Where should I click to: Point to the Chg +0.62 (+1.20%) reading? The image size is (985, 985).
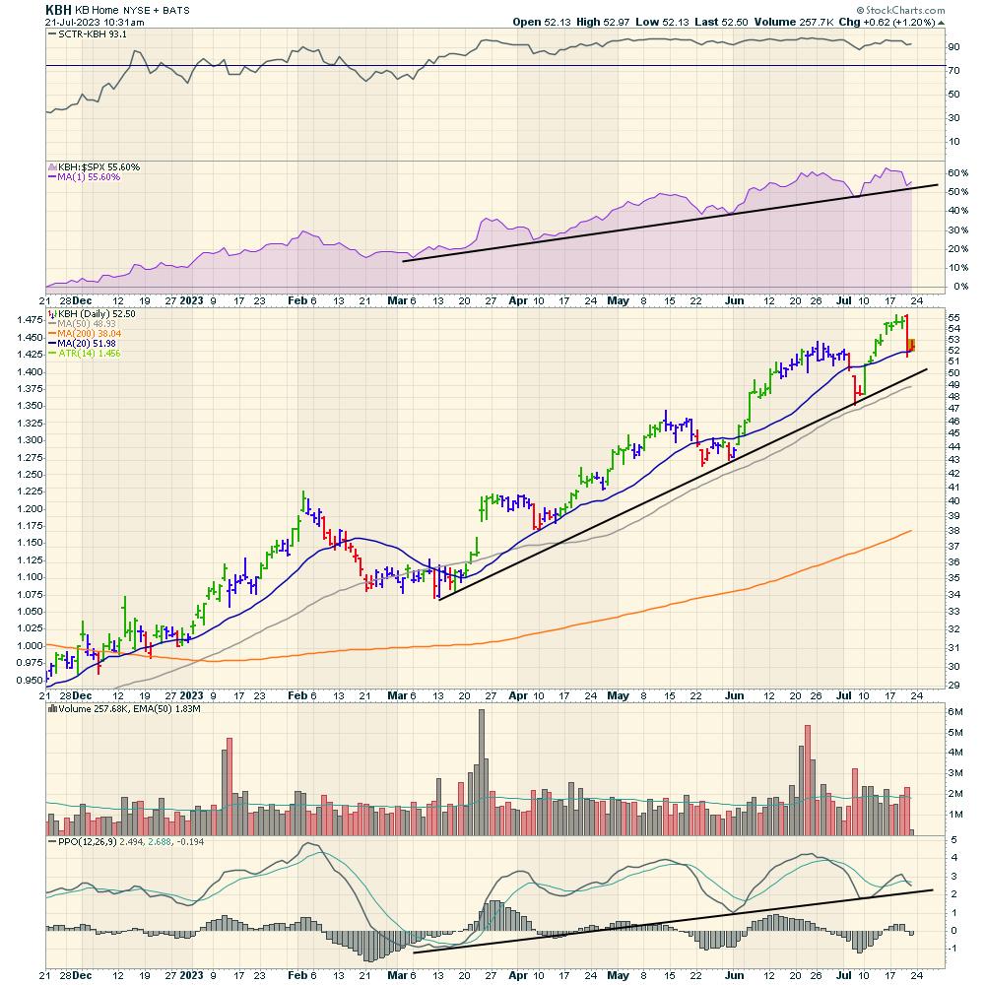point(886,22)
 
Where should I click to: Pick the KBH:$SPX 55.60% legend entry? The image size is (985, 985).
point(98,167)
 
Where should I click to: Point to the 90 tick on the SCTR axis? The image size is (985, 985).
point(926,46)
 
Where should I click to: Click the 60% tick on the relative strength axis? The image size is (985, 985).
point(929,172)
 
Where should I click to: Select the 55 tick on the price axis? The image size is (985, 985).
point(926,318)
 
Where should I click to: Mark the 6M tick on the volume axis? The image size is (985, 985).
point(928,711)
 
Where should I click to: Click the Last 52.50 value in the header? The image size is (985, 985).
point(693,22)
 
